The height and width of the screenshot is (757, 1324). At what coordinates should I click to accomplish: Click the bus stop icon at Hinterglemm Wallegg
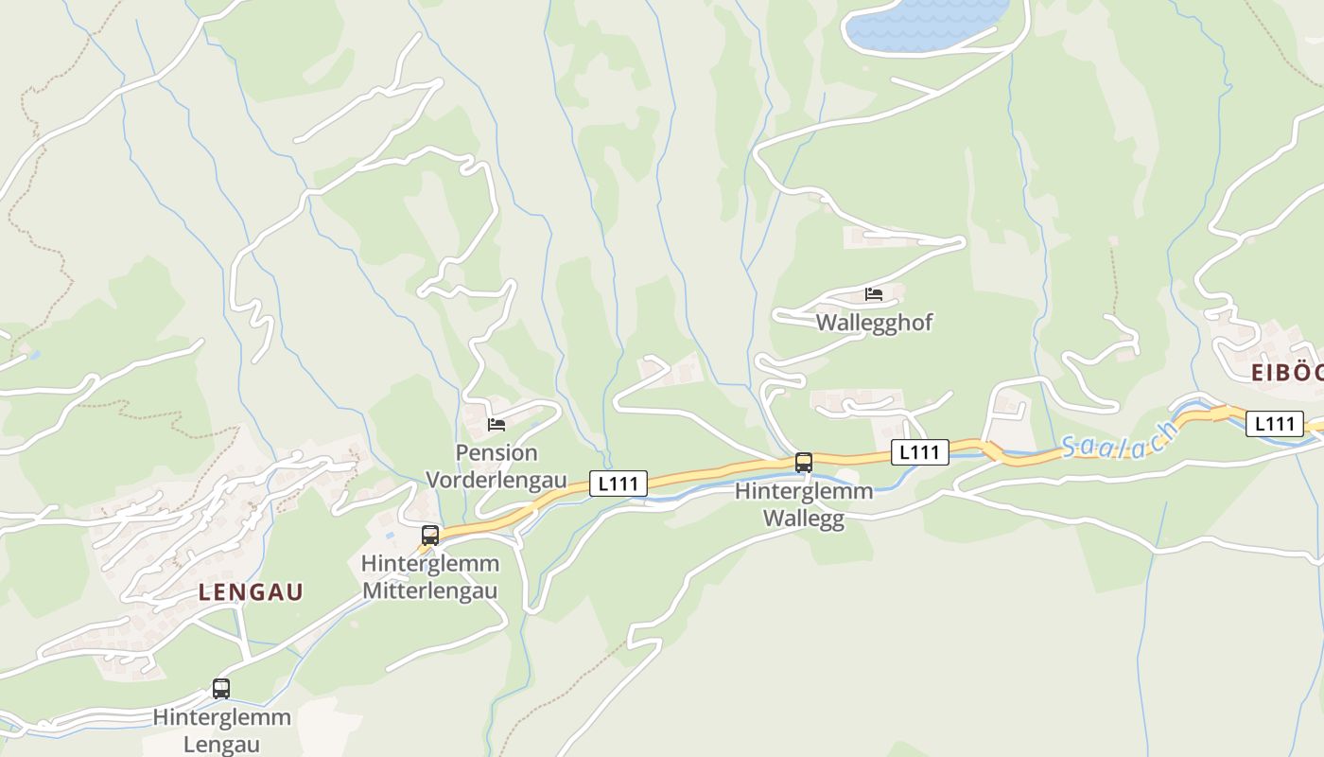804,463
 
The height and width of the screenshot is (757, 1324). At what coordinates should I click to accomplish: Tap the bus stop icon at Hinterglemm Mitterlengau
430,536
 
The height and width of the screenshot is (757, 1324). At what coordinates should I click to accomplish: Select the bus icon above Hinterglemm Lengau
221,689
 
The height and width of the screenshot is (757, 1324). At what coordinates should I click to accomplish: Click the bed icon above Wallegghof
874,294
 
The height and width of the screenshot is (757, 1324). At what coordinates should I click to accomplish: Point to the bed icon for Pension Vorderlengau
496,424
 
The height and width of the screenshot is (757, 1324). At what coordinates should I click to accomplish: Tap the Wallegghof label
874,323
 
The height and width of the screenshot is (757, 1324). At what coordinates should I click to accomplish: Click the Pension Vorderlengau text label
496,467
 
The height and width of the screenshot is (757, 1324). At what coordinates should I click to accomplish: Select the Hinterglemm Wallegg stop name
804,505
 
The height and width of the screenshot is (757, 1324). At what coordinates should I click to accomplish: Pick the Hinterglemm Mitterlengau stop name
430,577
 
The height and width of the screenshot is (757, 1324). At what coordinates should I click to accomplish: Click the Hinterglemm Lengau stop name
221,731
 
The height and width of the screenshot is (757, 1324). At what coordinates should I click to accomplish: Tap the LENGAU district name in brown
251,592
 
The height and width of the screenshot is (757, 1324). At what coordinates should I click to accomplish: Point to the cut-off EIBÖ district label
1286,373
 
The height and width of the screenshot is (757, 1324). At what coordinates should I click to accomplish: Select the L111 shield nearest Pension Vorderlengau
618,484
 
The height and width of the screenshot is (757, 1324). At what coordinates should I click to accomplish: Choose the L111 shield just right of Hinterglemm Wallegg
920,452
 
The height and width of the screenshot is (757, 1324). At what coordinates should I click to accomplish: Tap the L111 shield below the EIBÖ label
1274,423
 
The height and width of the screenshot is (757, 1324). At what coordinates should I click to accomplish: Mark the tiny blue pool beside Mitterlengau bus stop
389,536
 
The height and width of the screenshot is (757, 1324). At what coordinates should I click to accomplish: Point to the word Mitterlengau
430,591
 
